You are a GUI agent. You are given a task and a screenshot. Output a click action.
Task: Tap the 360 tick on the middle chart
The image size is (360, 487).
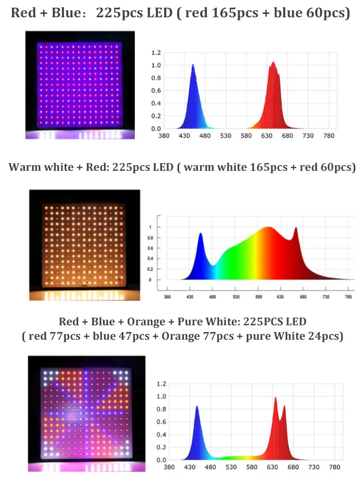point(167,297)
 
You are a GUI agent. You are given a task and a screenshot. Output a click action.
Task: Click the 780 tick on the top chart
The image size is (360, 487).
point(329,136)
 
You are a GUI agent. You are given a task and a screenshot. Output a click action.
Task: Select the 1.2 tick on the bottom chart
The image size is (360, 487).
point(161,384)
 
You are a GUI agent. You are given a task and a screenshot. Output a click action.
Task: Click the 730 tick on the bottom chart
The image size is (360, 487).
point(313,467)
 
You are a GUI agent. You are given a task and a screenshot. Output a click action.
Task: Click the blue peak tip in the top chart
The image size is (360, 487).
point(193,65)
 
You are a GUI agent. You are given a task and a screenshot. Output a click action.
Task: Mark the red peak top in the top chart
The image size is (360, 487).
point(273,62)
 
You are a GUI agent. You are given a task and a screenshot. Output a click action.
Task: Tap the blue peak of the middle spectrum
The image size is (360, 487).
point(201,234)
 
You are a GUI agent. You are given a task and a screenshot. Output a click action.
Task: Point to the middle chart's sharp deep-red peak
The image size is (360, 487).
point(296,228)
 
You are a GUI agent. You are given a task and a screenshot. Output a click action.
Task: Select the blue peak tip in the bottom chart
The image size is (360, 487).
point(197,406)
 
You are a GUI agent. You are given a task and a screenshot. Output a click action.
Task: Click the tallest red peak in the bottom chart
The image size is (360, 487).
point(276,397)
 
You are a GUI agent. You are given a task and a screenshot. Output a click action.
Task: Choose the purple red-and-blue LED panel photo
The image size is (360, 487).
point(80,85)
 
